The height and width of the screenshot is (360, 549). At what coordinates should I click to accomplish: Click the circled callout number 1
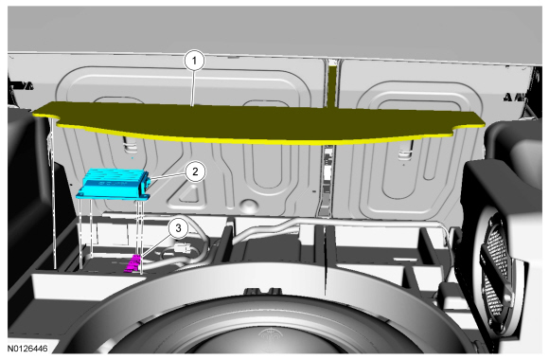[x=194, y=61]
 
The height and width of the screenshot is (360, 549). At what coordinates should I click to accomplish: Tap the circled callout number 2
[x=195, y=171]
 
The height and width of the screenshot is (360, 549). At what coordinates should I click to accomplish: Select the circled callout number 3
[x=178, y=228]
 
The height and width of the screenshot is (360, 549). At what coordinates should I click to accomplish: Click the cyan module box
[x=115, y=184]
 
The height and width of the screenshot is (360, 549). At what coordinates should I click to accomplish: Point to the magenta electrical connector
[x=133, y=263]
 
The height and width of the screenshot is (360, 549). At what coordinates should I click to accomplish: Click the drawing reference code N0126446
[x=27, y=349]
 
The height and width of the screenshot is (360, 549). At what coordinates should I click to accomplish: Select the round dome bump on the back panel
[x=247, y=205]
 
